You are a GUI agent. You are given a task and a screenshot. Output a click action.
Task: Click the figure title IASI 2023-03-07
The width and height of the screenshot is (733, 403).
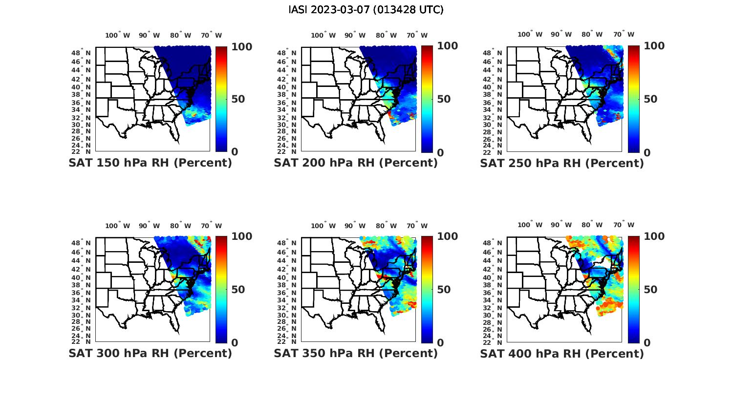click(x=366, y=10)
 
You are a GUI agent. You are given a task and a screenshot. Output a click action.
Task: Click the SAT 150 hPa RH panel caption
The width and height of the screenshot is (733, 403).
click(x=150, y=163)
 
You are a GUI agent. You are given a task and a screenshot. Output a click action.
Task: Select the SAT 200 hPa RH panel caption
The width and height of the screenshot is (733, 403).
click(x=356, y=163)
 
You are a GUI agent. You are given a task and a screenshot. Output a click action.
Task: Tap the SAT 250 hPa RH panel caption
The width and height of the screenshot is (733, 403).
click(x=562, y=163)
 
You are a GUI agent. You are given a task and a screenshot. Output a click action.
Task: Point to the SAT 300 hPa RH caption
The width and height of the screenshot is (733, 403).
click(x=150, y=353)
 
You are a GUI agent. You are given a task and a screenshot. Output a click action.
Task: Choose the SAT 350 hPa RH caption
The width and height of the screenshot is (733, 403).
click(x=356, y=353)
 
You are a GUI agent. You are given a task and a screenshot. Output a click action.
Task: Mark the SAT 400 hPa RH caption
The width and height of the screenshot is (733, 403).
click(x=562, y=354)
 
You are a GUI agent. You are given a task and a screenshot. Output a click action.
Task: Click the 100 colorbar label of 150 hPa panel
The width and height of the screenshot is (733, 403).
click(x=241, y=46)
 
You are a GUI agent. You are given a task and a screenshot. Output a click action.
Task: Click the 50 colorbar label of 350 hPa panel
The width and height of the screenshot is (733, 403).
click(x=444, y=290)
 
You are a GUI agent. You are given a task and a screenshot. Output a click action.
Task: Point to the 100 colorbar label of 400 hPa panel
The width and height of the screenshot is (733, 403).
click(x=654, y=236)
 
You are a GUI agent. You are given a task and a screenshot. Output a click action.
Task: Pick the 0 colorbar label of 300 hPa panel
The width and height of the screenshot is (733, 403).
click(x=235, y=343)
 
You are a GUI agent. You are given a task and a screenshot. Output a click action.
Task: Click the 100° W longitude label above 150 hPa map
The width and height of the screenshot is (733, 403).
click(x=118, y=35)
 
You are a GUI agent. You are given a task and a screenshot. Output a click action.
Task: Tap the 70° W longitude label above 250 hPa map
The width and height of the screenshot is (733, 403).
click(x=624, y=34)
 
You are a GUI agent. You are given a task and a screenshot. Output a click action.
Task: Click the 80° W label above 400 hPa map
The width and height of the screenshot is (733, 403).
click(x=592, y=225)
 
